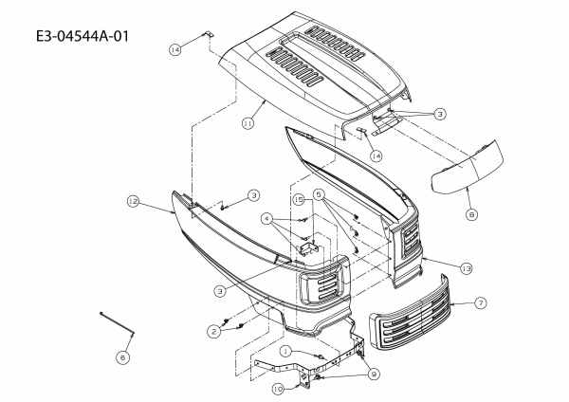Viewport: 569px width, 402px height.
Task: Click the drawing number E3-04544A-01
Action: click(x=81, y=37)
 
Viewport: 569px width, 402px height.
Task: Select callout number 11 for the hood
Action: click(x=248, y=122)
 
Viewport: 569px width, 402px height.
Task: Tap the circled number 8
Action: click(x=471, y=215)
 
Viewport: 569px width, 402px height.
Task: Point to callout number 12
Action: click(x=134, y=201)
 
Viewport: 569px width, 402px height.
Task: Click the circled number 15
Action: click(x=298, y=200)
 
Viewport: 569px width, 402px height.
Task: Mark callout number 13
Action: click(x=466, y=268)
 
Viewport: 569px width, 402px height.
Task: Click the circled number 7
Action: click(x=480, y=302)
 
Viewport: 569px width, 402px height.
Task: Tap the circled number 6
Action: click(x=121, y=356)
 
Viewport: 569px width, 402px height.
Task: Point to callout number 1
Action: click(x=284, y=352)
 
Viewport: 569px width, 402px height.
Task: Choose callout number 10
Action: click(x=278, y=388)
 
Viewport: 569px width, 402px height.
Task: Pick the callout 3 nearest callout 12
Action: click(x=254, y=195)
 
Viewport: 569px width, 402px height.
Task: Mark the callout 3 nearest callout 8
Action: click(x=439, y=114)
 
